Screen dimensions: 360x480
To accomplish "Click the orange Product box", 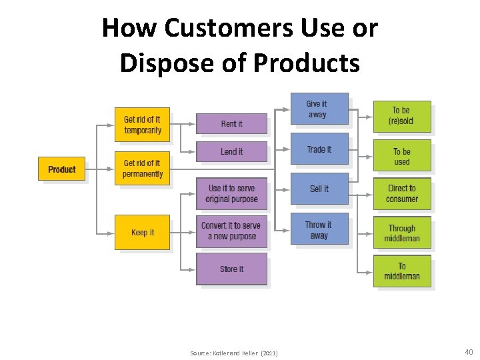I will click(x=61, y=169).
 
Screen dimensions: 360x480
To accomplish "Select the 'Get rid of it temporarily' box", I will click(x=142, y=125).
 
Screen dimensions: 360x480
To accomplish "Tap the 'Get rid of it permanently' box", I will click(x=142, y=168).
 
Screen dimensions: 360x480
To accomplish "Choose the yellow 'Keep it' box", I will click(x=142, y=232).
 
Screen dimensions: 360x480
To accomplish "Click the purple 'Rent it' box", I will click(x=231, y=123).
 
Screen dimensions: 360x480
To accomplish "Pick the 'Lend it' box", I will click(x=231, y=151).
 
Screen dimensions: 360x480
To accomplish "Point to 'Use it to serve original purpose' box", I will click(x=231, y=193).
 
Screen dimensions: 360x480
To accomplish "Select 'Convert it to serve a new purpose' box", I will click(x=231, y=231).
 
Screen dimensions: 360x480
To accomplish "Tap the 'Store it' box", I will click(x=231, y=269).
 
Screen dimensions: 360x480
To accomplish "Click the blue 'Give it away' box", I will click(x=319, y=109).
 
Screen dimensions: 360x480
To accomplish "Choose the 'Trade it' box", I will click(x=319, y=149).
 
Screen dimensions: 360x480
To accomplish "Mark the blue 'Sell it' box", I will click(x=319, y=189).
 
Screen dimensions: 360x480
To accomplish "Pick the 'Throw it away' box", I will click(x=319, y=229).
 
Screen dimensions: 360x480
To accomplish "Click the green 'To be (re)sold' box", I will click(x=401, y=115).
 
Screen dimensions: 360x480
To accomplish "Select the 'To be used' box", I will click(x=401, y=156).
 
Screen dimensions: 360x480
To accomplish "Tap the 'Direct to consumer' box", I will click(x=401, y=193).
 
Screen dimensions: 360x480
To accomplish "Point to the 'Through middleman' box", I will click(x=401, y=233).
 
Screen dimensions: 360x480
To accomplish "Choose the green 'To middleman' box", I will click(x=401, y=271).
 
